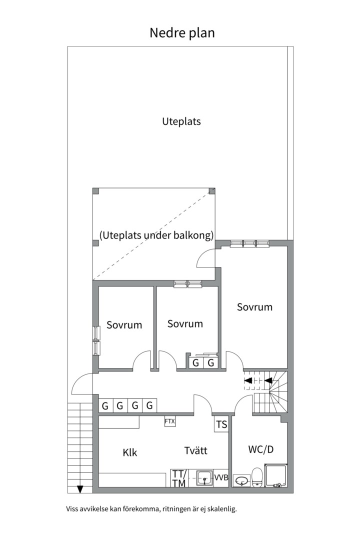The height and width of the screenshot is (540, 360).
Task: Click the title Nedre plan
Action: pyautogui.click(x=182, y=33)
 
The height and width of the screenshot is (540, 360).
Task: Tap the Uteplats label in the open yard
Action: pyautogui.click(x=181, y=121)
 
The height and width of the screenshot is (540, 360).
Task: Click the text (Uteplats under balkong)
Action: pyautogui.click(x=156, y=235)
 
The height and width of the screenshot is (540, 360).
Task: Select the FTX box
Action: pyautogui.click(x=170, y=421)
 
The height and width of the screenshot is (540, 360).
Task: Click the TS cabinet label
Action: pyautogui.click(x=221, y=424)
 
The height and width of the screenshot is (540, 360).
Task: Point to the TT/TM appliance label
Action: pyautogui.click(x=179, y=478)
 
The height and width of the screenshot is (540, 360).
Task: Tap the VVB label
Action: pyautogui.click(x=221, y=478)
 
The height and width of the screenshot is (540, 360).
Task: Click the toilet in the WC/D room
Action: pyautogui.click(x=257, y=477)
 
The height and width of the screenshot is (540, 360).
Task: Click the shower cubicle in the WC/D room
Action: pyautogui.click(x=276, y=475)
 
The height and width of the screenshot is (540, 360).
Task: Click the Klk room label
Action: pyautogui.click(x=130, y=452)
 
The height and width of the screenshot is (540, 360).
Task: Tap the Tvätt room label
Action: pyautogui.click(x=195, y=450)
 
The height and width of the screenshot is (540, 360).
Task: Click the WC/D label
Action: pyautogui.click(x=261, y=449)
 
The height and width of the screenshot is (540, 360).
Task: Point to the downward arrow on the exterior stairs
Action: pyautogui.click(x=80, y=488)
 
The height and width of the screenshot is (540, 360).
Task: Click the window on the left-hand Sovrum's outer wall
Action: pyautogui.click(x=96, y=340)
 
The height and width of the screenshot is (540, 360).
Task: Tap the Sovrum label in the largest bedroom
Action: pyautogui.click(x=254, y=307)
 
